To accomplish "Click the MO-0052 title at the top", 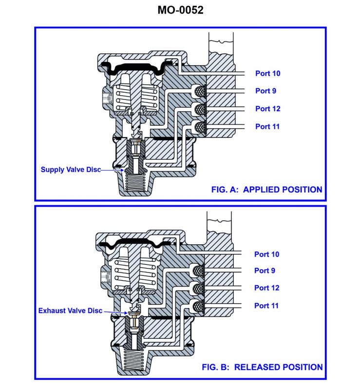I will pyautogui.click(x=180, y=10).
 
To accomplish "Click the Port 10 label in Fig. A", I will pyautogui.click(x=267, y=74).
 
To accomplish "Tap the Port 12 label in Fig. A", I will pyautogui.click(x=267, y=109).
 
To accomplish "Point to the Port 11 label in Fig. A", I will pyautogui.click(x=267, y=127).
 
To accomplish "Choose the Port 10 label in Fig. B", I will pyautogui.click(x=266, y=254).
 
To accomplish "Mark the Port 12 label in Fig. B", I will pyautogui.click(x=266, y=288).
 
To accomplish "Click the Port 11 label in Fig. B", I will pyautogui.click(x=266, y=306).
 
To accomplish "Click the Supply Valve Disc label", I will pyautogui.click(x=70, y=170).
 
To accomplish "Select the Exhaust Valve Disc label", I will pyautogui.click(x=70, y=310).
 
